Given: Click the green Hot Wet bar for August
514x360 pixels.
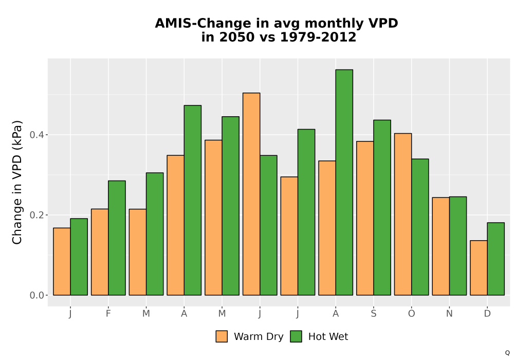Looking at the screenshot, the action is click(344, 182).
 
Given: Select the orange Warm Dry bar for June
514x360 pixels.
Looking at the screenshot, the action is click(251, 194).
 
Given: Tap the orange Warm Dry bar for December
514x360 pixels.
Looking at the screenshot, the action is click(479, 268).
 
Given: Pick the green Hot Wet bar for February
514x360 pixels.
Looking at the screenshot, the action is click(117, 238).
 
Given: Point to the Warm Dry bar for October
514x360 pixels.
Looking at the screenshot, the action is click(403, 214).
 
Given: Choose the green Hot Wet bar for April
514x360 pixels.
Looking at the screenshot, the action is click(193, 201).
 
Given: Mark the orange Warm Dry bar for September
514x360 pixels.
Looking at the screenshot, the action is click(365, 219).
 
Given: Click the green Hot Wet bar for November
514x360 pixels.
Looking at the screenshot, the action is click(458, 246).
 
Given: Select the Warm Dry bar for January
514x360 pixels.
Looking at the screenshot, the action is click(62, 262).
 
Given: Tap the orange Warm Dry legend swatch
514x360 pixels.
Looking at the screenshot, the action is click(222, 336).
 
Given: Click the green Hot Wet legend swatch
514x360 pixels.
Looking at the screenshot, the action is click(296, 336).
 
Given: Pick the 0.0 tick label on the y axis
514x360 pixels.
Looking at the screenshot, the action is click(36, 295).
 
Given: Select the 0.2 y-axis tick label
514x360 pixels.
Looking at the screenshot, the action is click(36, 215).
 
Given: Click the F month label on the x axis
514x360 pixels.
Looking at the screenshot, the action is click(108, 314).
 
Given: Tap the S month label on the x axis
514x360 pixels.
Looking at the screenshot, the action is click(374, 314).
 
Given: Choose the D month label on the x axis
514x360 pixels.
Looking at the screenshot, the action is click(487, 314).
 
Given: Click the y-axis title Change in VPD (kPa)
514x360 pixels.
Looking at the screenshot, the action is click(17, 183).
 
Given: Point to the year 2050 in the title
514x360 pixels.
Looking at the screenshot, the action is click(237, 37).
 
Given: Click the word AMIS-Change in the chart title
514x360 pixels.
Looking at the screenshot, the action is click(203, 23).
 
